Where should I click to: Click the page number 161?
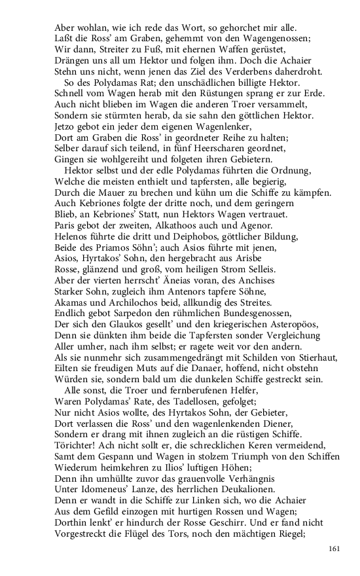[334, 548]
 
